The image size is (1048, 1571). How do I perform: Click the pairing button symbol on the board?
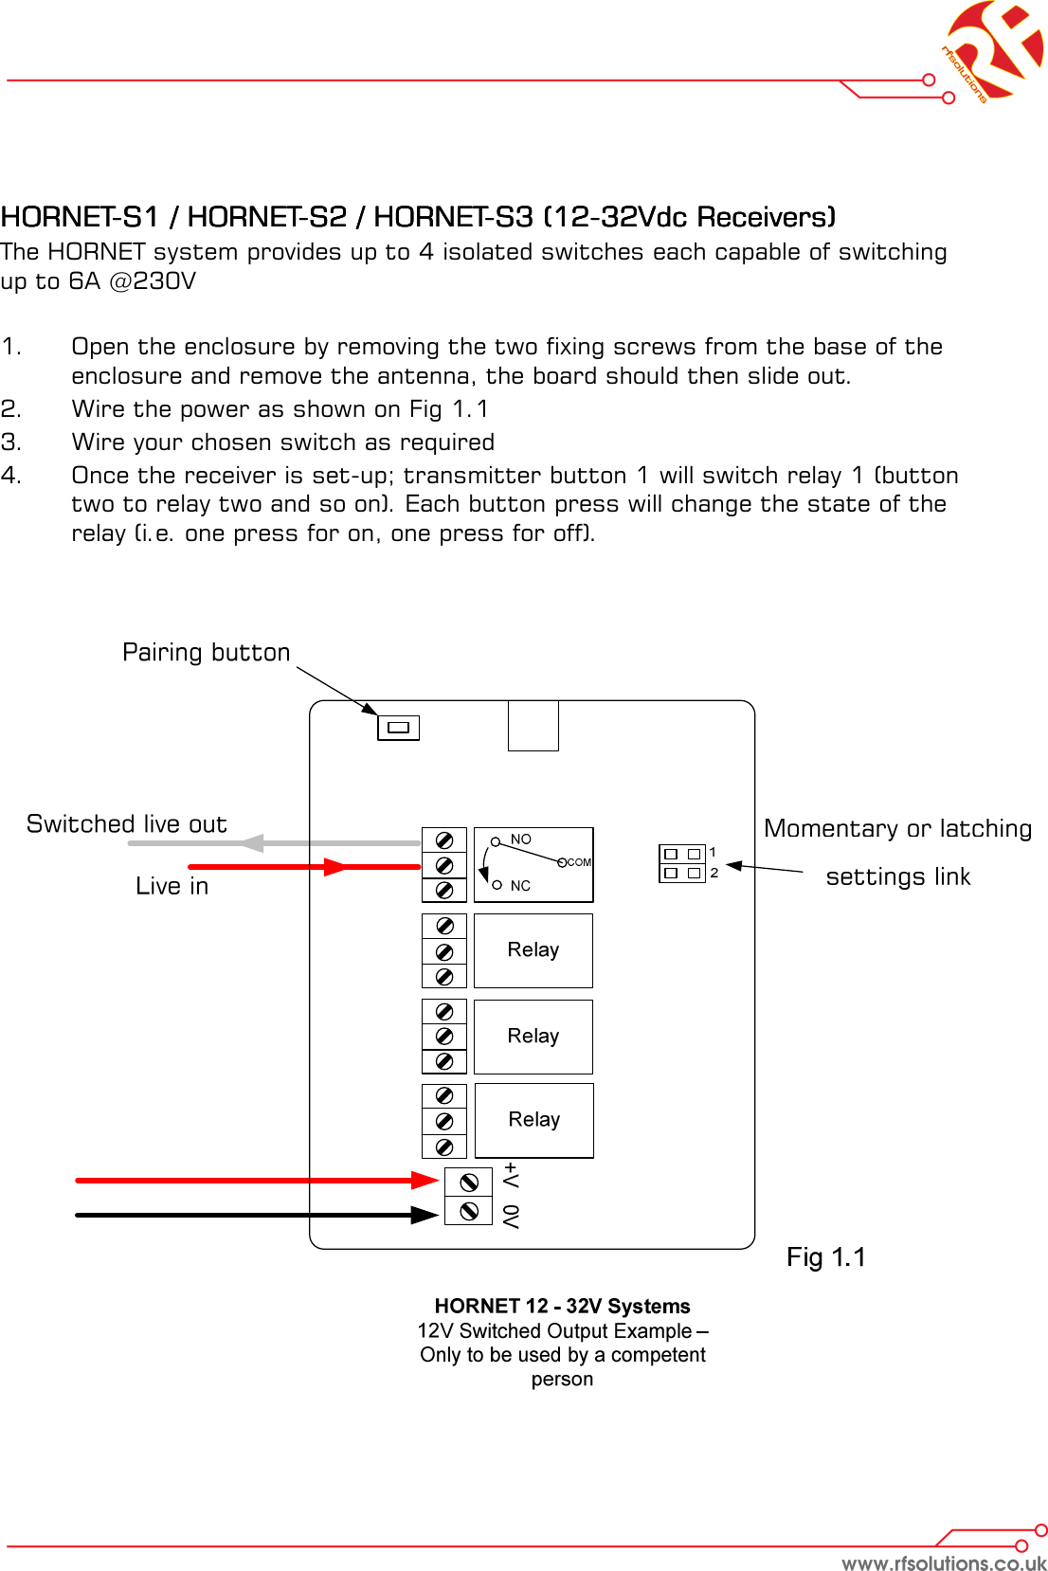click(x=398, y=728)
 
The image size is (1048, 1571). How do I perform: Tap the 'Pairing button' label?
click(x=206, y=653)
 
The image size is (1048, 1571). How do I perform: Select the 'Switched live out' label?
click(x=127, y=824)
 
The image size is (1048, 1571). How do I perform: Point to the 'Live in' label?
click(x=172, y=886)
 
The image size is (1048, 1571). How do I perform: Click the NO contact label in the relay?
click(x=521, y=840)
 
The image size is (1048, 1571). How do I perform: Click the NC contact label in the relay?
click(x=520, y=886)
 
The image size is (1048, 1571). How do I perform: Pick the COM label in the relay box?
click(x=579, y=862)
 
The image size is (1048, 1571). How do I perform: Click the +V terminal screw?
click(x=468, y=1183)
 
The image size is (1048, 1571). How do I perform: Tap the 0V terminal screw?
click(x=468, y=1211)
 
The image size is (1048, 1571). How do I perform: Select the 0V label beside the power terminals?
click(x=512, y=1217)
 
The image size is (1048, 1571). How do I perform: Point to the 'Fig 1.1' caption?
click(x=826, y=1257)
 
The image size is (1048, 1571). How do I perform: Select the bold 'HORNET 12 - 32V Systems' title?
click(x=562, y=1307)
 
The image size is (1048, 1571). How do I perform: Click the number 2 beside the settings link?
click(x=714, y=873)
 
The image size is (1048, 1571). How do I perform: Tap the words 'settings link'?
click(x=897, y=877)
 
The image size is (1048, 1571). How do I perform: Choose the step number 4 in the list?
click(x=10, y=476)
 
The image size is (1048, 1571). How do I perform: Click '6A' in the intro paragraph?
click(x=84, y=281)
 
